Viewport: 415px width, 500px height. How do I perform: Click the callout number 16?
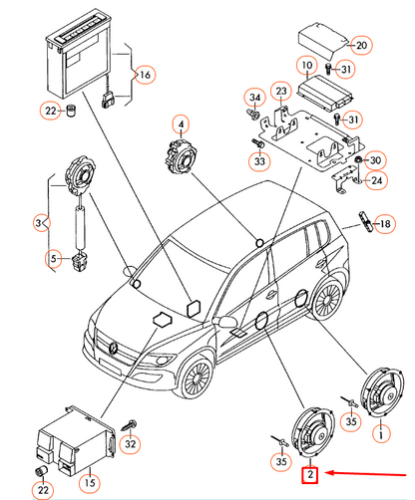(145, 75)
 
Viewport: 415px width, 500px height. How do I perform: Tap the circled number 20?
(361, 45)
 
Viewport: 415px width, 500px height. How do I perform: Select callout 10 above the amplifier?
(307, 66)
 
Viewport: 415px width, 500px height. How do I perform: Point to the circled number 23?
(281, 91)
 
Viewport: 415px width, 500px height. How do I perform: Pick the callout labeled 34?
(254, 98)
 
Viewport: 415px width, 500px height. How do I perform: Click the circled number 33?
(259, 161)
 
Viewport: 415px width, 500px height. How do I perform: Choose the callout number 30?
(375, 160)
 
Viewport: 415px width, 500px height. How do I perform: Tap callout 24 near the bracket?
(376, 180)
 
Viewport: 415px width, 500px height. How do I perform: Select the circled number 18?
(385, 224)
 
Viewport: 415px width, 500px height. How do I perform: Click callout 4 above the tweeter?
(181, 125)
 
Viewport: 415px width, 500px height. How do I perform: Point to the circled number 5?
(54, 258)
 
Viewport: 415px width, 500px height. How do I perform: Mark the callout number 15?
(90, 482)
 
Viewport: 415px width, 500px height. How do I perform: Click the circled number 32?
(130, 444)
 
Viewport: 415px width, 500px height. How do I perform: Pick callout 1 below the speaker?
(381, 434)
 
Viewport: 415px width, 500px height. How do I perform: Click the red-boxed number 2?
(310, 475)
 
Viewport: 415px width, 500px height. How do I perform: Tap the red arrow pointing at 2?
(365, 474)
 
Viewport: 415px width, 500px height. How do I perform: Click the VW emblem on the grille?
(114, 348)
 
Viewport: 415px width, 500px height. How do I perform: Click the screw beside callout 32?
(129, 424)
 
